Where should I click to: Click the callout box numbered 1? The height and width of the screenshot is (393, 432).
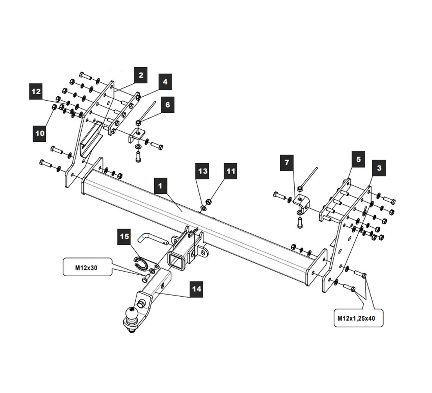click(x=160, y=186)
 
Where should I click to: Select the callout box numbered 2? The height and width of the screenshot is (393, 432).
click(x=140, y=75)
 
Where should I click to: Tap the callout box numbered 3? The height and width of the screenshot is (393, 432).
click(x=379, y=168)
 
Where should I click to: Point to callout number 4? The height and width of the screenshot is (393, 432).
click(x=165, y=82)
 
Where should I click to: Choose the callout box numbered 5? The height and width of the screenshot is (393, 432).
click(x=358, y=160)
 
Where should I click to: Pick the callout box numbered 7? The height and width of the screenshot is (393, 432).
click(x=287, y=163)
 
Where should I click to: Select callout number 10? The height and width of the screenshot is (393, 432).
click(x=40, y=133)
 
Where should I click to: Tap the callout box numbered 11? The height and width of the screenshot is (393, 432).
click(x=231, y=171)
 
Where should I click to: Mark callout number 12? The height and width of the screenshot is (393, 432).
click(x=36, y=92)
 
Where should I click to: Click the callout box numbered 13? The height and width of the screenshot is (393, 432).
click(x=203, y=171)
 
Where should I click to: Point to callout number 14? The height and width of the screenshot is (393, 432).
click(x=196, y=289)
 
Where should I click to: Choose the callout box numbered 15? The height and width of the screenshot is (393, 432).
click(x=124, y=237)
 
